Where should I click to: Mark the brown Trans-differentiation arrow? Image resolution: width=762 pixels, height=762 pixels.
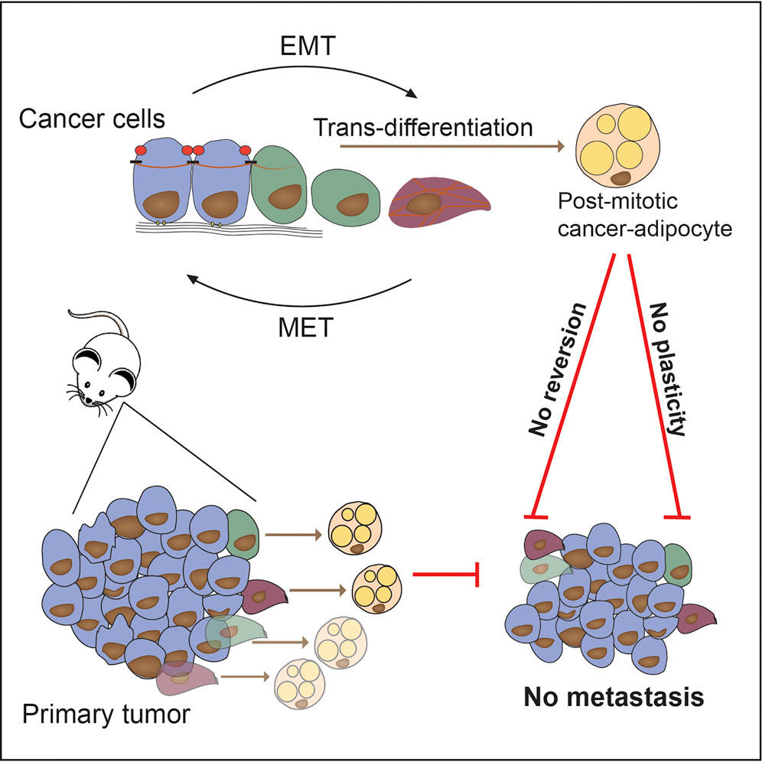[x=451, y=144]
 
